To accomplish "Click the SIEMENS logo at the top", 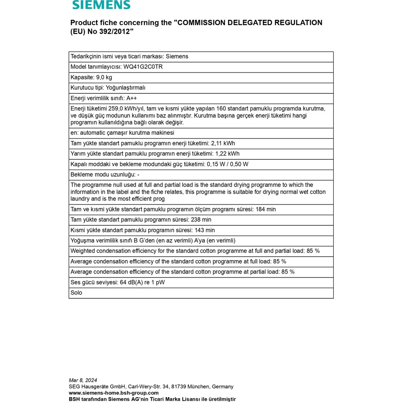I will coord(101,5).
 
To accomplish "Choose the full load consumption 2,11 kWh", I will coord(223,143).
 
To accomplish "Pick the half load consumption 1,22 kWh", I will coord(227,153).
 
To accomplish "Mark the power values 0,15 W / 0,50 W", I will coord(228,164).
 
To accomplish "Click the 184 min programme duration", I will coord(266,209).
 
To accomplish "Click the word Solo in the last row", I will coord(76,292).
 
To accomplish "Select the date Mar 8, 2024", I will coord(83,380).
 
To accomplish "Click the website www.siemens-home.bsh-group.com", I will coord(114,393).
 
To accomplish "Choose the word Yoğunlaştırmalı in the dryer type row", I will coord(126,88).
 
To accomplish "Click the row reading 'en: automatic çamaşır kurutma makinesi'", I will coord(122,133).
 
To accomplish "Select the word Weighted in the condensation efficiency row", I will coord(82,251).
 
